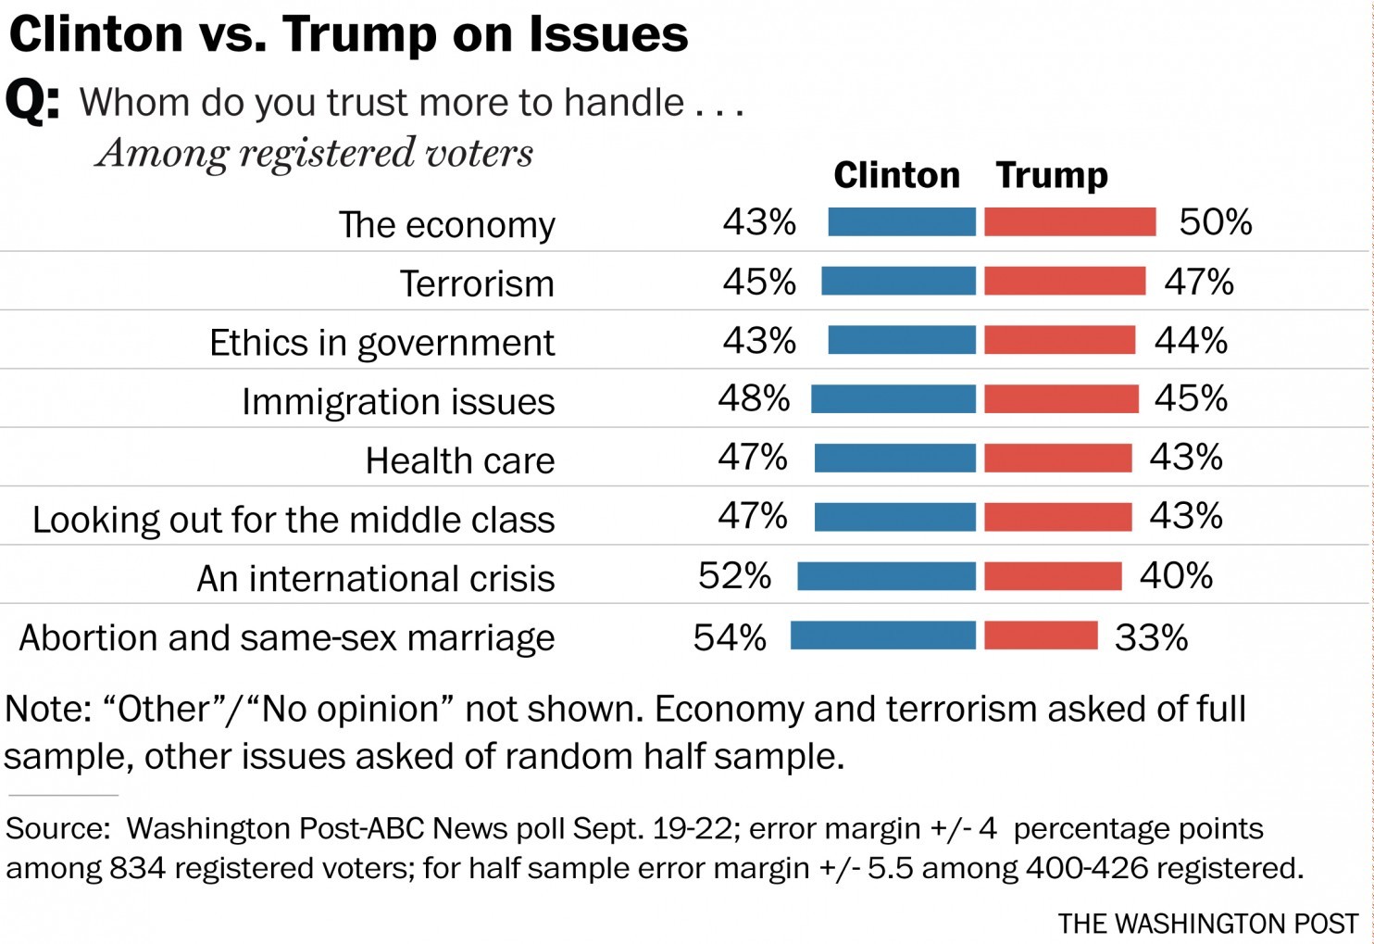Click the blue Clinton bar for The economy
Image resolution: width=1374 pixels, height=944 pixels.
point(902,222)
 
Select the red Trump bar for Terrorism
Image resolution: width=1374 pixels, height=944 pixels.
point(1065,281)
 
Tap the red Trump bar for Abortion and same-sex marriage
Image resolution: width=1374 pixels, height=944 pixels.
point(1041,636)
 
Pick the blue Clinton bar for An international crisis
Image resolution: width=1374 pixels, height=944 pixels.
point(886,576)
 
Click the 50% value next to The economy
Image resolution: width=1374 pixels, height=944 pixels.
point(1215,222)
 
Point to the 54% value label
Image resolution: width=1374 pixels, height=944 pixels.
point(730,637)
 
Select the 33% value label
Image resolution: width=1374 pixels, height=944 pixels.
point(1151,637)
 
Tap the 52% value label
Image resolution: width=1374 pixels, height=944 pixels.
point(734,576)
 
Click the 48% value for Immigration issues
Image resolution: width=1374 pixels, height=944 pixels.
point(754,398)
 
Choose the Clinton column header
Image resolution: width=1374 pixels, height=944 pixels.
point(896,175)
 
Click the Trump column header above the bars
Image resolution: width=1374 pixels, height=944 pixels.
point(1052,175)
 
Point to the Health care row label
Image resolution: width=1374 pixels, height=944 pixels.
point(459,460)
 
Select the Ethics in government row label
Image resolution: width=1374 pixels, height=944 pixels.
point(381,343)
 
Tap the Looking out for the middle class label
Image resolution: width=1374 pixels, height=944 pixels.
point(294,520)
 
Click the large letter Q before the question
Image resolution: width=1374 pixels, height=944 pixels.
point(31,100)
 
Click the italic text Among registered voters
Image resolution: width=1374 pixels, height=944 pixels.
point(315,153)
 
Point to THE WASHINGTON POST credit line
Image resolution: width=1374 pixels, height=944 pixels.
point(1208,924)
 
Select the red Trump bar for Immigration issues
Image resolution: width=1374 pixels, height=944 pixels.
point(1061,398)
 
